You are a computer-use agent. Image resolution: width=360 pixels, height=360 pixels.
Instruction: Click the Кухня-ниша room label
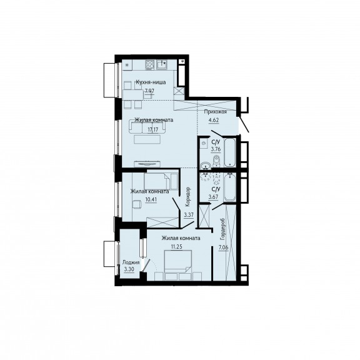151,82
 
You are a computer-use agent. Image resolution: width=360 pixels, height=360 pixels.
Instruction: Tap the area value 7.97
149,91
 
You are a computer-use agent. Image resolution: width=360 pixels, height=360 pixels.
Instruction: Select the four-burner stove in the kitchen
150,64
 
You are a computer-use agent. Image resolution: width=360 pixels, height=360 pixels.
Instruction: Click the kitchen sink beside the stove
162,64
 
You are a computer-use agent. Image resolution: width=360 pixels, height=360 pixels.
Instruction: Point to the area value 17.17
153,129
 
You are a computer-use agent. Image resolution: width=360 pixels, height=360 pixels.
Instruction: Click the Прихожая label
216,112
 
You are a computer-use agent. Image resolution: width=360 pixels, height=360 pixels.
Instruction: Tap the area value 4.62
214,120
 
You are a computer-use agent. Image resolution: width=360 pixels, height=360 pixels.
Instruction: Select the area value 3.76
216,149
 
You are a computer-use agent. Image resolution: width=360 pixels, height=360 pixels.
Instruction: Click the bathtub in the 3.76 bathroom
230,152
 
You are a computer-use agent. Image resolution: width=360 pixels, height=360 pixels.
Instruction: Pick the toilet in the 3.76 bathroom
216,161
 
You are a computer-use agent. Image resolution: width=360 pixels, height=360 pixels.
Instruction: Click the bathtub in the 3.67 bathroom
230,187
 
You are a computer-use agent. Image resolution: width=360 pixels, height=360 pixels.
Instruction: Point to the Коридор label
188,197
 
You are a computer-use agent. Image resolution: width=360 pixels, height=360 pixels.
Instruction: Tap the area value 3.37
189,215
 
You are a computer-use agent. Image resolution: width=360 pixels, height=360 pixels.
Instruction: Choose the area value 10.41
151,199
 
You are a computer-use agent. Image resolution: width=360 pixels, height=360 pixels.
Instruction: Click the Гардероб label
222,229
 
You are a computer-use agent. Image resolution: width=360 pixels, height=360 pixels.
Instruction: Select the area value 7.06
223,247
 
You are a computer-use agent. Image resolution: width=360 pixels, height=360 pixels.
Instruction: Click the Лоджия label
131,262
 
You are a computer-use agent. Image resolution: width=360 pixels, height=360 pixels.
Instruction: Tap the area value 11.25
176,247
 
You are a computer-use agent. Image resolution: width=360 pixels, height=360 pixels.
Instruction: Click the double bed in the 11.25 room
178,262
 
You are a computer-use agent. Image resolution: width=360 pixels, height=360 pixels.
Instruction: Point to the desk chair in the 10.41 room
137,204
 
